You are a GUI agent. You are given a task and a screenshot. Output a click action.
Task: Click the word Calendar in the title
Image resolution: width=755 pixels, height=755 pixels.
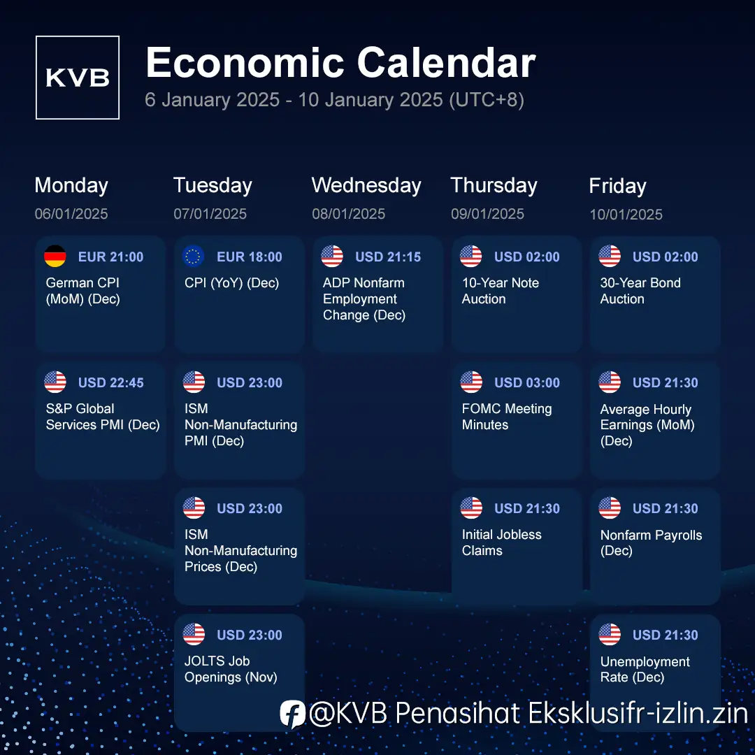(446, 63)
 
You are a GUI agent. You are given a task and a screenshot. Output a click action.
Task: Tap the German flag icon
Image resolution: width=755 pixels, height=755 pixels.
(55, 256)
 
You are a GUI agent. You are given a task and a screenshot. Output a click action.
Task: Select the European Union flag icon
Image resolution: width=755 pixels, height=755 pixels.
(194, 256)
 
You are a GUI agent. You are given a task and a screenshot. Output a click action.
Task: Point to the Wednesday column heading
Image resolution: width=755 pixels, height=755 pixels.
(366, 185)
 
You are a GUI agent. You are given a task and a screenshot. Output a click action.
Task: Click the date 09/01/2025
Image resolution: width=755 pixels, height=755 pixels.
(487, 214)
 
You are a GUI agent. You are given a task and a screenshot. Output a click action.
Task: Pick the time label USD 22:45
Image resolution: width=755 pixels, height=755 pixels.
(110, 382)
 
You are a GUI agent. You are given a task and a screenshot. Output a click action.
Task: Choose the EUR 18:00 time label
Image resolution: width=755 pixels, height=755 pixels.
(250, 257)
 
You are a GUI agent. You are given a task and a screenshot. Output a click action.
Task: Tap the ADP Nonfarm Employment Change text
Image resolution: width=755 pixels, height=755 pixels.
(364, 299)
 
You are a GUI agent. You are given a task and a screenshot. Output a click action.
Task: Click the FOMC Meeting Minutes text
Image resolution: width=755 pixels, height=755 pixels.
(507, 417)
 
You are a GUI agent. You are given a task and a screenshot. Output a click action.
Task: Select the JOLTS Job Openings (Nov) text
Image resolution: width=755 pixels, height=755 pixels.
(231, 669)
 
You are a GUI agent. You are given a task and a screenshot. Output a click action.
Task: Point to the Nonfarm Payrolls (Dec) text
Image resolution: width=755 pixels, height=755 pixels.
(651, 542)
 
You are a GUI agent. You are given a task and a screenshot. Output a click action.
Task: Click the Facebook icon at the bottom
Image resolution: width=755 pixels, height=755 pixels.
(293, 714)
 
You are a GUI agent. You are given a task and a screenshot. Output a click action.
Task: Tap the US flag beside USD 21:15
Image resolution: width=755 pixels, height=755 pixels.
(332, 256)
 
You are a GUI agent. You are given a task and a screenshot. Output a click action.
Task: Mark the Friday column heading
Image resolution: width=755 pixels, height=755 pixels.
(618, 186)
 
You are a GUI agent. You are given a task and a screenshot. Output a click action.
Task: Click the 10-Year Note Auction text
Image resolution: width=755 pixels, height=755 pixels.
(501, 291)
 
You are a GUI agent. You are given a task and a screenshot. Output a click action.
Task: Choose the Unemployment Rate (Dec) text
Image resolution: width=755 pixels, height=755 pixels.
(645, 669)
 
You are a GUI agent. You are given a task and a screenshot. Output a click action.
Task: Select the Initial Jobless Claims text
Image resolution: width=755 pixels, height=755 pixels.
(501, 542)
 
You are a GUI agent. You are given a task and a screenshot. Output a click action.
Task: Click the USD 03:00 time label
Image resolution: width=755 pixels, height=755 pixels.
(527, 382)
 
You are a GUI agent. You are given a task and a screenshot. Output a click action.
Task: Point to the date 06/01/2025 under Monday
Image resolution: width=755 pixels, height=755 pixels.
(71, 214)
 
